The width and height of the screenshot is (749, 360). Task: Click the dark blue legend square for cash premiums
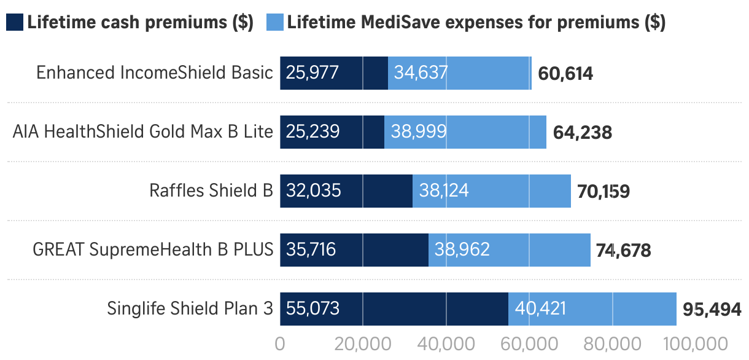click(15, 23)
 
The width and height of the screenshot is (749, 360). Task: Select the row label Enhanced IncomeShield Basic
click(154, 72)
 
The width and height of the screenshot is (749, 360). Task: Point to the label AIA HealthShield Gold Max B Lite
click(143, 131)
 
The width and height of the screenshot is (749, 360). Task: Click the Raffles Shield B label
click(211, 190)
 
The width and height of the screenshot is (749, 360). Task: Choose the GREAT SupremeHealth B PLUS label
click(153, 249)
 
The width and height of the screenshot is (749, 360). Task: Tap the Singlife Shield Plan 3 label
click(190, 308)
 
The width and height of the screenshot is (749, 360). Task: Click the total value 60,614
click(565, 74)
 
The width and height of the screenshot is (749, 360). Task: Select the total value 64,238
click(583, 133)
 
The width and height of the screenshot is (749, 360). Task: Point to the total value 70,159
click(603, 192)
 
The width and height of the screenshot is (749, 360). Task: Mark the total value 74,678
click(623, 251)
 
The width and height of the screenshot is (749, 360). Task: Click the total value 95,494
click(712, 310)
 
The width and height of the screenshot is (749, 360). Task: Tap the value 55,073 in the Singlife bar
click(312, 308)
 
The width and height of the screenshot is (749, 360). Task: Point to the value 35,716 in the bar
click(311, 249)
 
